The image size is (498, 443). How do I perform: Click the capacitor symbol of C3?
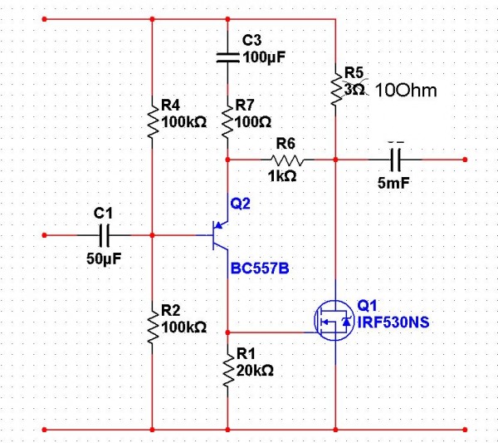(x=227, y=57)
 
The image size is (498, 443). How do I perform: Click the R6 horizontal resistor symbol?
(x=286, y=158)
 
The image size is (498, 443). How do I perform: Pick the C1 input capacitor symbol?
(x=105, y=234)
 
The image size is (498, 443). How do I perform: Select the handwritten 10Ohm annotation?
(x=406, y=90)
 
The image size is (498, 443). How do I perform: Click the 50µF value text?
(x=104, y=258)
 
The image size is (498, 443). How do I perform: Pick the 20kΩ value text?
(x=255, y=370)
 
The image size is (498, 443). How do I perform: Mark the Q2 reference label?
(x=241, y=202)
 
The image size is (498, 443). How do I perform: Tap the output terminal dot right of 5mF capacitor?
(x=466, y=158)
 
